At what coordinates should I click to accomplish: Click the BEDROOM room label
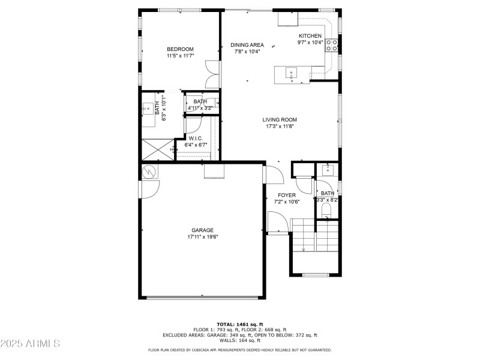(x=180, y=49)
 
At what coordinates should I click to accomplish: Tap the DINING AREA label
(x=247, y=45)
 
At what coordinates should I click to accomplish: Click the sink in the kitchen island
(x=291, y=74)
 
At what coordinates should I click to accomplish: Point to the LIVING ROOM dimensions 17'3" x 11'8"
(x=280, y=127)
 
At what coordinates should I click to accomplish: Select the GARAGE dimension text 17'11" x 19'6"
(x=202, y=237)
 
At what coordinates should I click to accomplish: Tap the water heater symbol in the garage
(x=149, y=172)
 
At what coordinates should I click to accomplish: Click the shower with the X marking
(x=156, y=149)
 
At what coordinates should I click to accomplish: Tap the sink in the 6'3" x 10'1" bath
(x=148, y=109)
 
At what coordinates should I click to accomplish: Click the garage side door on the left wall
(x=148, y=189)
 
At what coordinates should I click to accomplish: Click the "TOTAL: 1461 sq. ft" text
(x=239, y=325)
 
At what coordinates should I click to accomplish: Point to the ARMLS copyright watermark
(x=30, y=344)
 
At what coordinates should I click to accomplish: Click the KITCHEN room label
(x=310, y=36)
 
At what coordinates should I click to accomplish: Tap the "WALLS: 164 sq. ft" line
(x=239, y=341)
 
